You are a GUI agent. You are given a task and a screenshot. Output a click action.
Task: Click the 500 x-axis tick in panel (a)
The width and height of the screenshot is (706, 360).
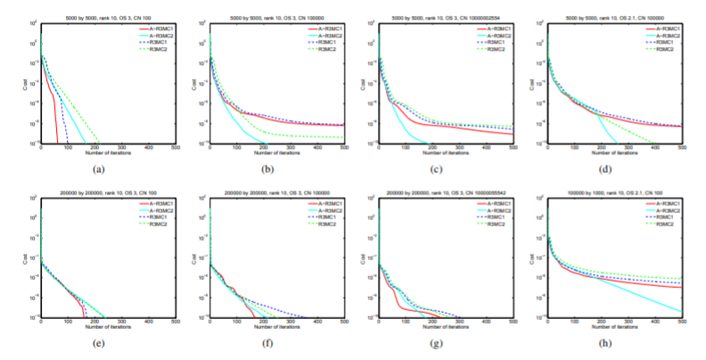click(x=175, y=148)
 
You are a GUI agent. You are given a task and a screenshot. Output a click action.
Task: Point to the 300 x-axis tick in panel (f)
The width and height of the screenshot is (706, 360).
click(x=290, y=322)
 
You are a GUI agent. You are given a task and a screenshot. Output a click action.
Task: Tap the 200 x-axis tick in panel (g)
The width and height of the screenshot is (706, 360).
click(x=432, y=322)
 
